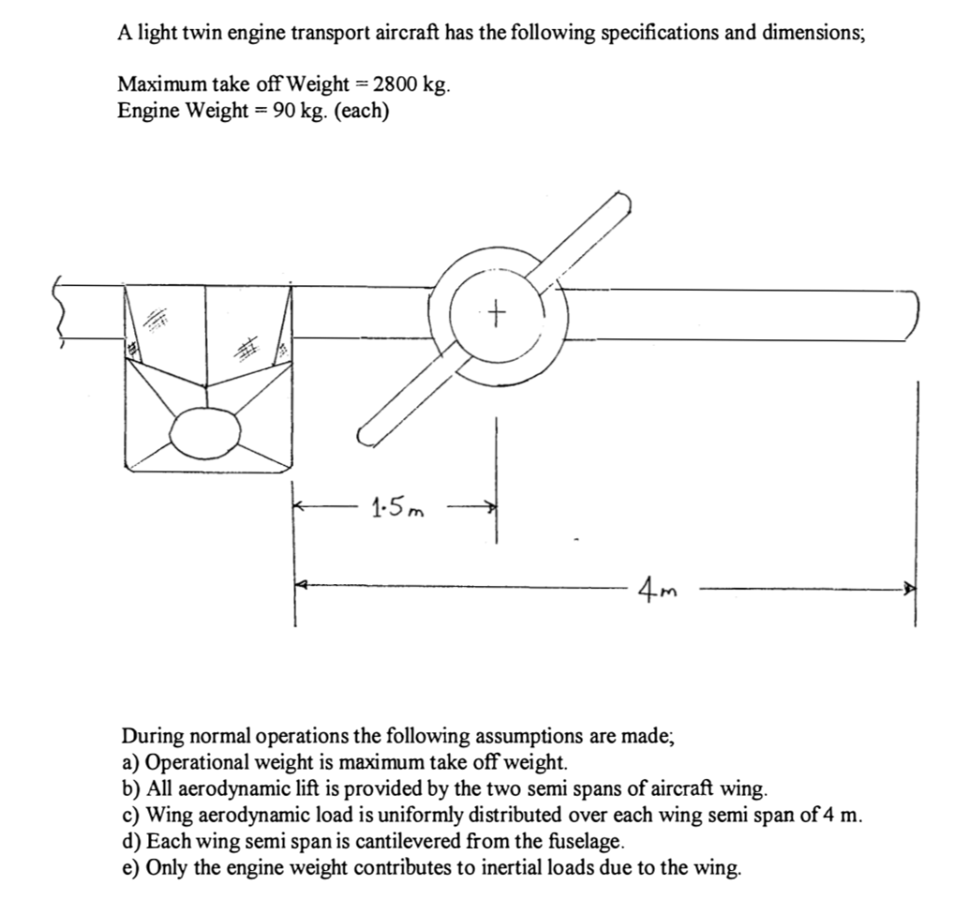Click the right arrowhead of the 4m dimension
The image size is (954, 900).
(910, 589)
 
